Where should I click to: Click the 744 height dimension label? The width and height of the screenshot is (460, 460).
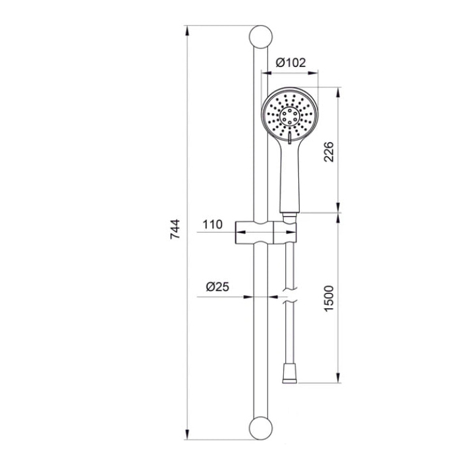pyautogui.click(x=175, y=229)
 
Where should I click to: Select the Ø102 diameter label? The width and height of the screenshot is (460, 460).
pyautogui.click(x=290, y=62)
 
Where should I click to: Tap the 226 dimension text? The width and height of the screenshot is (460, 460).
pyautogui.click(x=329, y=152)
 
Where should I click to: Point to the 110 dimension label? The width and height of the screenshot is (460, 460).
pyautogui.click(x=213, y=225)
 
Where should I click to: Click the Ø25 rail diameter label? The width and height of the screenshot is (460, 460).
pyautogui.click(x=218, y=287)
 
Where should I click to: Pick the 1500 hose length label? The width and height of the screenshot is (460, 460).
pyautogui.click(x=329, y=298)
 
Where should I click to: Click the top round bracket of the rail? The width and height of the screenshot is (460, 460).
pyautogui.click(x=260, y=37)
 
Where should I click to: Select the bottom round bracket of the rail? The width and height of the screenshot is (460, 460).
pyautogui.click(x=260, y=428)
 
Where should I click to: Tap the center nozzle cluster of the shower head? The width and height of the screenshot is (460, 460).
pyautogui.click(x=290, y=117)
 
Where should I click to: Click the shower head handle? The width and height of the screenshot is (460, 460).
pyautogui.click(x=290, y=176)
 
